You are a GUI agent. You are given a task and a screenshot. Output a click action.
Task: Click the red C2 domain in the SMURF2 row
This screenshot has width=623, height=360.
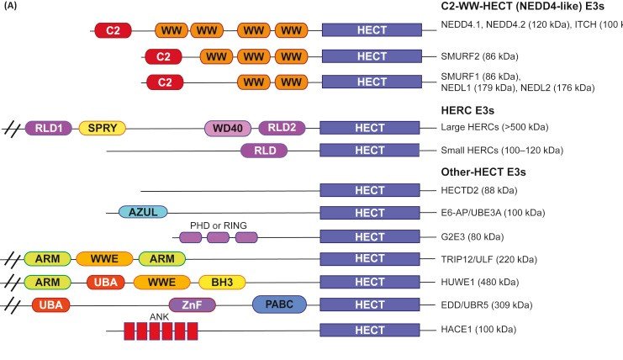point(164,57)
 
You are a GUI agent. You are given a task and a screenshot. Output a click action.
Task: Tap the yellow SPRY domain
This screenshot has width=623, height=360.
point(102,128)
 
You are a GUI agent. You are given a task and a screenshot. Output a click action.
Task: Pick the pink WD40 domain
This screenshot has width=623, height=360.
point(228,128)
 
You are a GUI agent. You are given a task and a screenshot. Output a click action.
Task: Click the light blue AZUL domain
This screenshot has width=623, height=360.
point(144,212)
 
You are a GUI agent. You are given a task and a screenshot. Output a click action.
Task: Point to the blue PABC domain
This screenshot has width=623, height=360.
point(278,304)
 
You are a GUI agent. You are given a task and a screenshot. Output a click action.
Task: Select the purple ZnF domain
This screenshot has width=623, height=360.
point(192,305)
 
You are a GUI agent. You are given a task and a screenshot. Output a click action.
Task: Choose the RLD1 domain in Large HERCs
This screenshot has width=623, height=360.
point(49,128)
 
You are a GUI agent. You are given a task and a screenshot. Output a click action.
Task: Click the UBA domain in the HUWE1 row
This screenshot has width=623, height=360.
point(106,283)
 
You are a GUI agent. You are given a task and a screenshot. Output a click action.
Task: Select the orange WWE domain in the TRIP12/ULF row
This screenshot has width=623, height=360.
point(104,258)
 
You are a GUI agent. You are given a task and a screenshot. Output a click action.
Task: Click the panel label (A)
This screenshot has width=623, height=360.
point(13,7)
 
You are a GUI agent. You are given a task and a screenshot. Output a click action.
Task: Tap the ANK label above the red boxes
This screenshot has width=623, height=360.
point(159,316)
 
